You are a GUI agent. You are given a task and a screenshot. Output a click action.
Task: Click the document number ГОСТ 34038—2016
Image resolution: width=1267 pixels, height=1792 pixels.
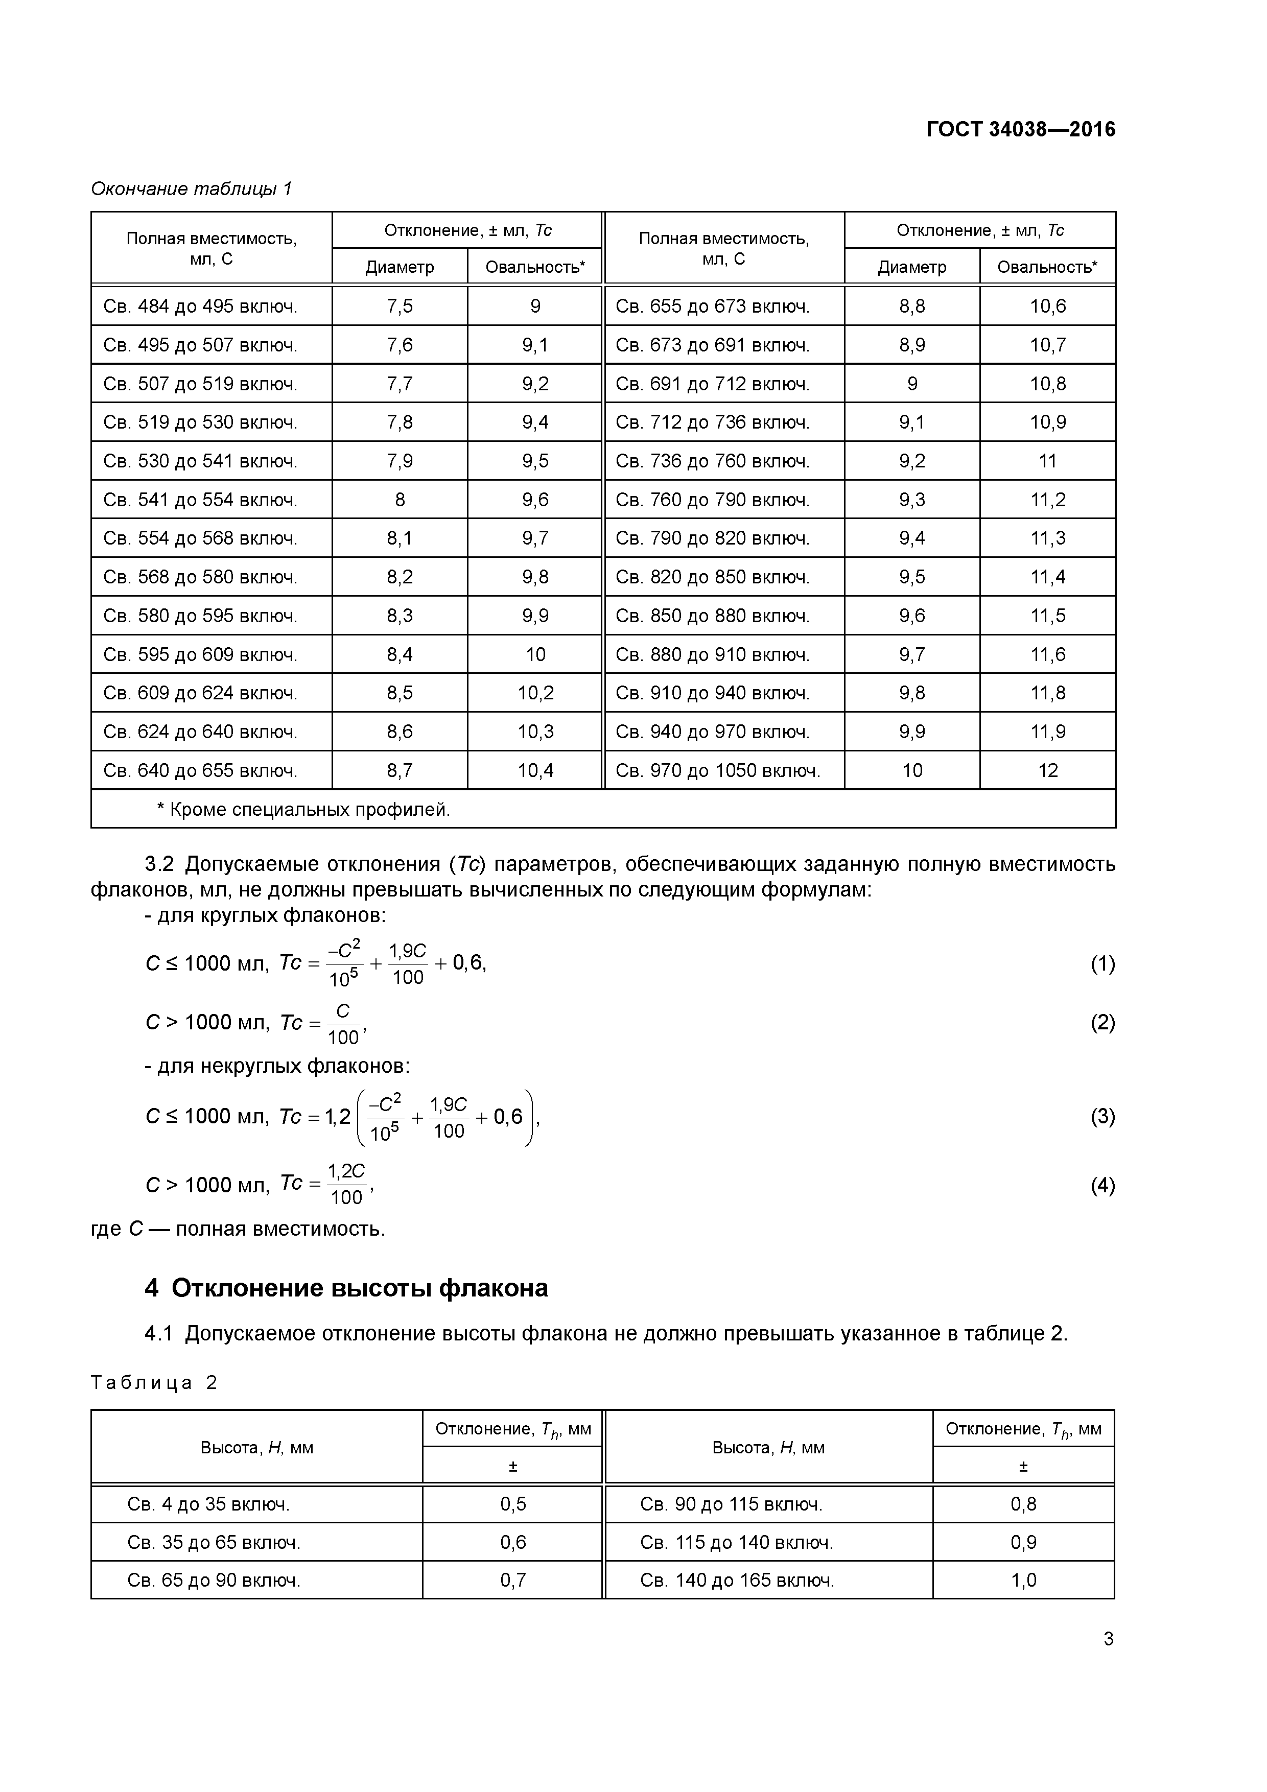pos(1020,130)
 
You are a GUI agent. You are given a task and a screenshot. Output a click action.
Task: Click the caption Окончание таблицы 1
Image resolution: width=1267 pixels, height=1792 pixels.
pos(191,189)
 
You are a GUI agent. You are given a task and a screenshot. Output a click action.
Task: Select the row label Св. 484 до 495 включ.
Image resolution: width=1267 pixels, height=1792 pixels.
pos(201,306)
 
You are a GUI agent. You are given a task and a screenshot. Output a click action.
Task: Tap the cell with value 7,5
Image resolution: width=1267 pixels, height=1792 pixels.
pos(400,306)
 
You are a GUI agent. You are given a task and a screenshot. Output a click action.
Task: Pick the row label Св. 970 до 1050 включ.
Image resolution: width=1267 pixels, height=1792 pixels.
pos(717,771)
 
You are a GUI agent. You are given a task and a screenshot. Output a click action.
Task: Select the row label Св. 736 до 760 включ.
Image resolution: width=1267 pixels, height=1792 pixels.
pos(712,461)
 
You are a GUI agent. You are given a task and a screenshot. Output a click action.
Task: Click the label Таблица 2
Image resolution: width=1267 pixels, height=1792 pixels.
pos(154,1383)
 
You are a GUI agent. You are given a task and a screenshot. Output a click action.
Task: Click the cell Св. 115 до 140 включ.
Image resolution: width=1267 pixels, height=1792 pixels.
pos(736,1542)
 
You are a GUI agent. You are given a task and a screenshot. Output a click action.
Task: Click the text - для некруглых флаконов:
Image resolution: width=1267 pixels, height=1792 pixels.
pos(277,1066)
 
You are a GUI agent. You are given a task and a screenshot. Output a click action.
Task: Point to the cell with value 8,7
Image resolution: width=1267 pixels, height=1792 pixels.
pos(400,771)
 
